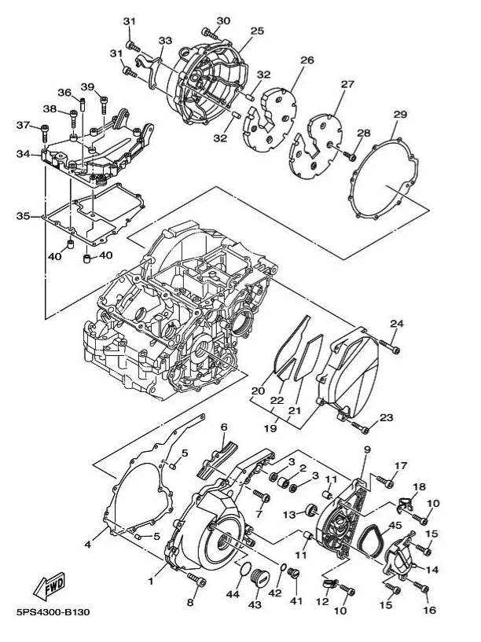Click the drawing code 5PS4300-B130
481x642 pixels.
coord(52,613)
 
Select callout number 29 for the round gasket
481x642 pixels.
coord(399,116)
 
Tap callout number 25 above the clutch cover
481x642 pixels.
coord(257,31)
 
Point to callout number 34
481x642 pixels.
coord(23,154)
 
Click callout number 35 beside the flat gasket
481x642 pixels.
coord(23,215)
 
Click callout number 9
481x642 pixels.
coord(366,449)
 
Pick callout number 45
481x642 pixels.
coord(395,526)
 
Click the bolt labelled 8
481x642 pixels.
coord(196,581)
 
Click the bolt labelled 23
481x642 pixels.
coord(359,427)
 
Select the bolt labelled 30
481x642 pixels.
coord(209,32)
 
